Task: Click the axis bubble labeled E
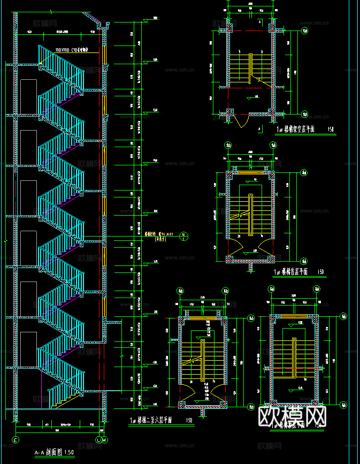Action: (x=15, y=440)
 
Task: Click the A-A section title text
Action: (x=55, y=453)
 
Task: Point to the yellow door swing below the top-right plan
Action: (x=242, y=121)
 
